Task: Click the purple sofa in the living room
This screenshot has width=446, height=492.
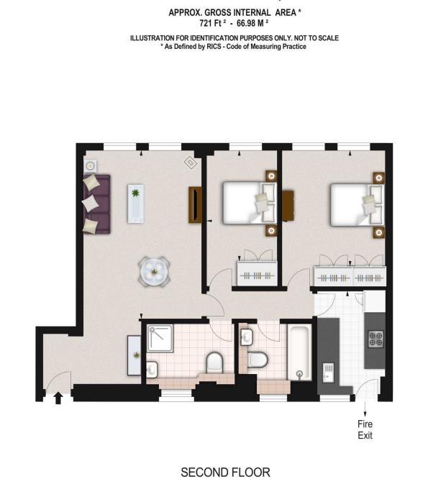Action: (x=96, y=204)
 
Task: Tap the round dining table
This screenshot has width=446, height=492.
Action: (x=154, y=272)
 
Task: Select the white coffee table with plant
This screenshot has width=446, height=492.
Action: (x=135, y=204)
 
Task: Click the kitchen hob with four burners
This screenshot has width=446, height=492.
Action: (x=376, y=339)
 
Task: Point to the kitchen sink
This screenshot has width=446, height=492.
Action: (x=328, y=372)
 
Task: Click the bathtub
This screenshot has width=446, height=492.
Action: (x=299, y=352)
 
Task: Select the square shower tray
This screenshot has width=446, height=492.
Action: (x=160, y=338)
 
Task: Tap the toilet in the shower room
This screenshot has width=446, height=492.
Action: (x=214, y=363)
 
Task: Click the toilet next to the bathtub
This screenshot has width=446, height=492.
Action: (x=258, y=360)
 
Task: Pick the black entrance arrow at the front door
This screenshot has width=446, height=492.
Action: (x=58, y=398)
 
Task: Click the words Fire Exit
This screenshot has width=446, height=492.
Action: (x=365, y=430)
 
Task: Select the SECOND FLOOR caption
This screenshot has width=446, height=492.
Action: (x=225, y=473)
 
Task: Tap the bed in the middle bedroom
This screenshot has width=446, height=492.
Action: (x=250, y=203)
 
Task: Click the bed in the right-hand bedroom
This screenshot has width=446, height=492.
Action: (x=358, y=204)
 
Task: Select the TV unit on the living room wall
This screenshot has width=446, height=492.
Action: (x=195, y=205)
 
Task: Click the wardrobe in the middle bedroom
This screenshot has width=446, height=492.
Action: (x=257, y=273)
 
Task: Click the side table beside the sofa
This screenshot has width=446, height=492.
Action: (x=91, y=165)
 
